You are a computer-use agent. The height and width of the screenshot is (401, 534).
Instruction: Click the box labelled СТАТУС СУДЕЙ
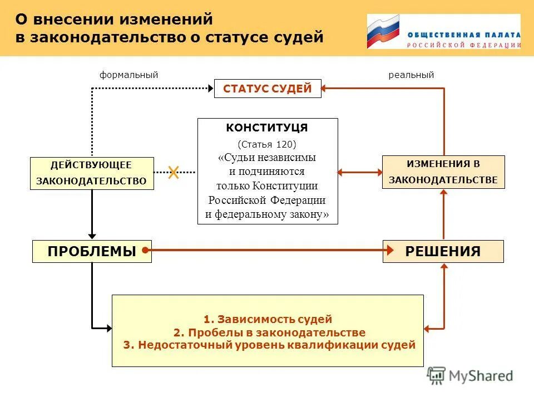point(268,89)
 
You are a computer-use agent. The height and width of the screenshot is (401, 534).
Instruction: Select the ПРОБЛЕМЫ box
point(92,251)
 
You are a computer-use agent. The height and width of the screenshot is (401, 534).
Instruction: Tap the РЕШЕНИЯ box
point(443,251)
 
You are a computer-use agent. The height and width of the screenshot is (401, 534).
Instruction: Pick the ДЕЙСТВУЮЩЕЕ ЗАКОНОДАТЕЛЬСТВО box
point(91,173)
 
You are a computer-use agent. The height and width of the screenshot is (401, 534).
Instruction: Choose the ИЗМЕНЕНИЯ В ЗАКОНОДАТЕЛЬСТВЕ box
point(443,172)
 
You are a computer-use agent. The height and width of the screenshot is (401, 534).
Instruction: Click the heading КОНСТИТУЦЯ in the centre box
point(267,128)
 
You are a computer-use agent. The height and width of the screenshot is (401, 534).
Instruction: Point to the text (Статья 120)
point(267,143)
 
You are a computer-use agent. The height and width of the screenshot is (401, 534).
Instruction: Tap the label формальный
point(129,75)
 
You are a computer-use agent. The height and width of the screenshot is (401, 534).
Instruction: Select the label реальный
point(411,75)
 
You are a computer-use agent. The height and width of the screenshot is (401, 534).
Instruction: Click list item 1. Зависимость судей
point(268,319)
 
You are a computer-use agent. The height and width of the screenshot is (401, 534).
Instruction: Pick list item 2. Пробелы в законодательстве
point(269,332)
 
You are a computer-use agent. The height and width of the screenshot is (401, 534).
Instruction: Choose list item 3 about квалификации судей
point(269,345)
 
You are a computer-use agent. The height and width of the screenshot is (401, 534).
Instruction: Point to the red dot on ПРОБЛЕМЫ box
point(145,251)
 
